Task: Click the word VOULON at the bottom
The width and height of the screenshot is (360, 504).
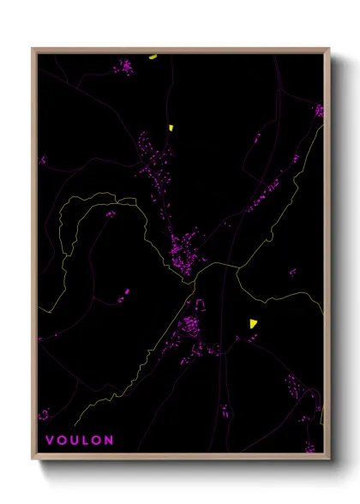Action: tap(79, 441)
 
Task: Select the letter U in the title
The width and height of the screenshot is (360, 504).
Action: tap(74, 441)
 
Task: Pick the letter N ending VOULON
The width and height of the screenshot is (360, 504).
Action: tap(109, 441)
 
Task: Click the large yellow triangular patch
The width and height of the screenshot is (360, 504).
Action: tap(253, 323)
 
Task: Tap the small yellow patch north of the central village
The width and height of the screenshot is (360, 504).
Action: tap(171, 127)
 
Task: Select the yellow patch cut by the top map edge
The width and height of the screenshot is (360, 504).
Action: tap(153, 57)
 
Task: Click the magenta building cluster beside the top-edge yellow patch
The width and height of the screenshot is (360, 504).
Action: tap(125, 65)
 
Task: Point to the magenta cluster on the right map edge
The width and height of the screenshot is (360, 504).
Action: tap(319, 111)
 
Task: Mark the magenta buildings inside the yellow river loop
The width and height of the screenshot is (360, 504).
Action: tap(110, 213)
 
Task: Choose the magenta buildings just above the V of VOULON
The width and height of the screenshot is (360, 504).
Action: tap(44, 415)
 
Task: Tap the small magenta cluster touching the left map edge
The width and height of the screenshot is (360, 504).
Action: tap(42, 159)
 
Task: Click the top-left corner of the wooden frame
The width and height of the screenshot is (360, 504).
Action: tap(33, 49)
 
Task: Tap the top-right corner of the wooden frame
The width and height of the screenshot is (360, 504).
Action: tap(329, 49)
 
